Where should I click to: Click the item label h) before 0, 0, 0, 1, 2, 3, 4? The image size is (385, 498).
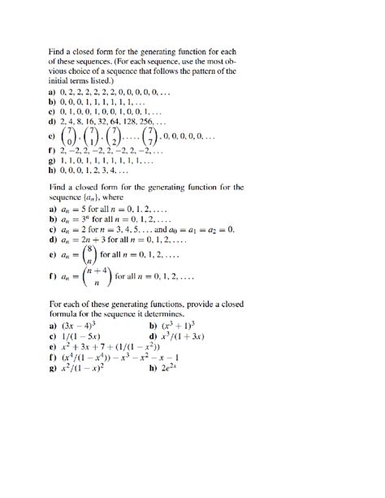click(54, 171)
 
